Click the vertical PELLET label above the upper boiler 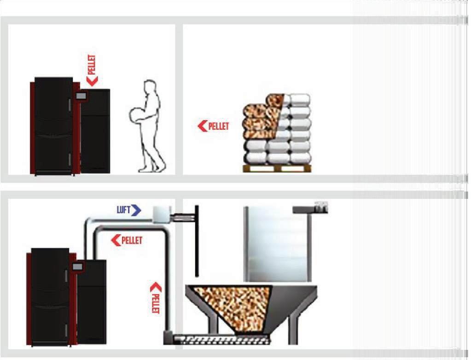coord(92,64)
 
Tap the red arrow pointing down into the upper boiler coord(92,81)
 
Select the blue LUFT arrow coord(136,210)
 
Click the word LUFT coord(123,209)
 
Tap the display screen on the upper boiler coord(81,96)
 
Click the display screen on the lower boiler coord(77,267)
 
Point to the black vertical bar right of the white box coord(197,241)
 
